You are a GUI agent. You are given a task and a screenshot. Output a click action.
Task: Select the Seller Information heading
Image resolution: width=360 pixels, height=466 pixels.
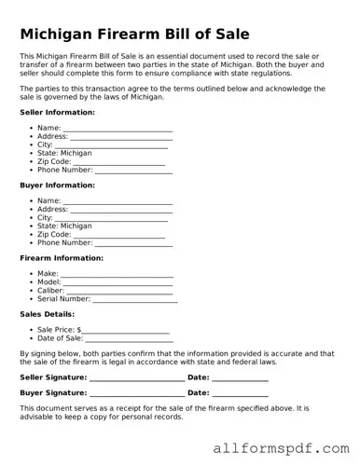57,113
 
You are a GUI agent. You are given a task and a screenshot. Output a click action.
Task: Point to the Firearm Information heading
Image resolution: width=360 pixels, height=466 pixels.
62,258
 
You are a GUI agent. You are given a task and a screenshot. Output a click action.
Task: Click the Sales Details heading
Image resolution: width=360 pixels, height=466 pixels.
47,314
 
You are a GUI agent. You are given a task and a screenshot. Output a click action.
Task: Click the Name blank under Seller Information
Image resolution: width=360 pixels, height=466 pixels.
118,130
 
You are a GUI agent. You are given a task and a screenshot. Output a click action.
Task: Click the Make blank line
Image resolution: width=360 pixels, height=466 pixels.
118,275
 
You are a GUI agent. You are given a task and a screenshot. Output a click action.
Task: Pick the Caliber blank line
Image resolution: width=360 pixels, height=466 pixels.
120,292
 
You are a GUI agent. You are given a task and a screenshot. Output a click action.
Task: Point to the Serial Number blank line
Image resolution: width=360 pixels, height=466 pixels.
134,300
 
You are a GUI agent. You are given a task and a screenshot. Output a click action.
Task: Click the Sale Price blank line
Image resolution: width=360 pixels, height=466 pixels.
126,331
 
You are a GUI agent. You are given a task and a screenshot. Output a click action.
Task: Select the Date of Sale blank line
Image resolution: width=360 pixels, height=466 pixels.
130,339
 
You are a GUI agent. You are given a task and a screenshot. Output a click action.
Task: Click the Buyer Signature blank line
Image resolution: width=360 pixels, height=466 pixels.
137,394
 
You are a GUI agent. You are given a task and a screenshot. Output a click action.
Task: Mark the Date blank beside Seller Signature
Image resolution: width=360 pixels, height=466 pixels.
240,378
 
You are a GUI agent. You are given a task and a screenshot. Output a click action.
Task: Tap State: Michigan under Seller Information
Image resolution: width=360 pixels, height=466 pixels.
64,154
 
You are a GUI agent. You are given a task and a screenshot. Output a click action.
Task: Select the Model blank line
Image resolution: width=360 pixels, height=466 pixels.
118,283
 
